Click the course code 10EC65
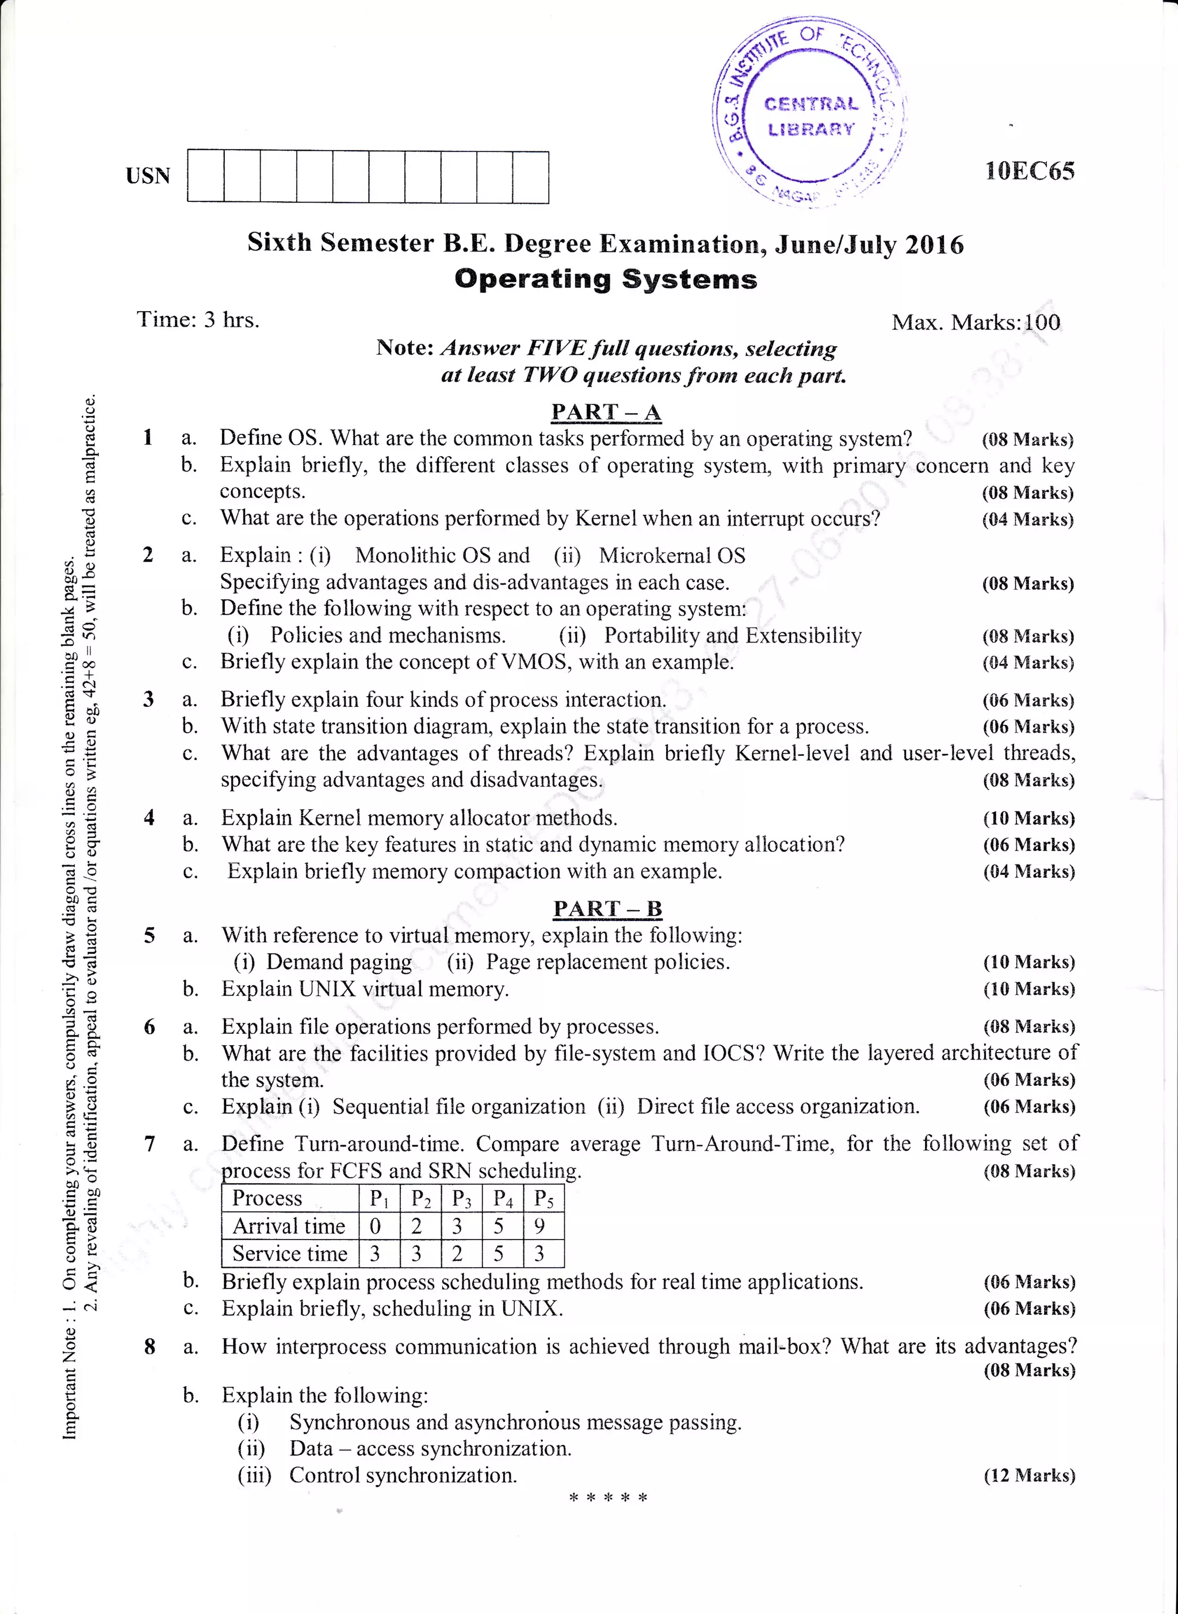1029,171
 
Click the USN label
148,176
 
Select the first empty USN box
205,176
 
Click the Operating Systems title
606,279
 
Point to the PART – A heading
606,412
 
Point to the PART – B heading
607,908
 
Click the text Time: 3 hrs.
198,319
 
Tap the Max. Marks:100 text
976,322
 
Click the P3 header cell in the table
461,1199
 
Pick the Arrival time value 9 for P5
540,1226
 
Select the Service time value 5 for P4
499,1253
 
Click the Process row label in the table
267,1198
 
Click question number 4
149,818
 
